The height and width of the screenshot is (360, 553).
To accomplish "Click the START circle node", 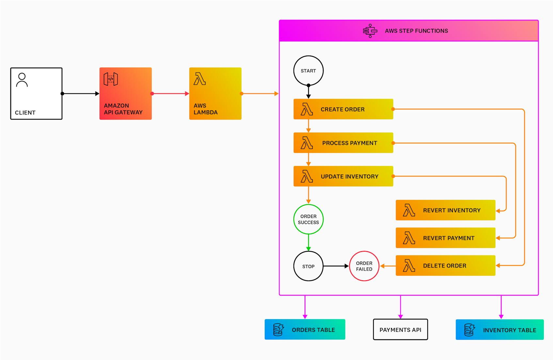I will [308, 71].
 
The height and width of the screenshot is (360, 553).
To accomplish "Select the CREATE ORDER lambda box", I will [343, 109].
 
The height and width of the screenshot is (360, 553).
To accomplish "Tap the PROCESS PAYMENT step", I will [343, 143].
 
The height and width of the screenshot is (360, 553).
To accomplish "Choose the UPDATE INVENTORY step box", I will [343, 176].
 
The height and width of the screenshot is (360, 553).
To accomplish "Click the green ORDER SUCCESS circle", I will [308, 219].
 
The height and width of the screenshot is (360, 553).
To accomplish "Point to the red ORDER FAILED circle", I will [364, 266].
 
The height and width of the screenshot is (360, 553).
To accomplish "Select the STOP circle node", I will [308, 266].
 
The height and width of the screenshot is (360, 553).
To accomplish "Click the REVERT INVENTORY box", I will [445, 210].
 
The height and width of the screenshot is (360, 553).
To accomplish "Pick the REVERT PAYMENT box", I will [445, 238].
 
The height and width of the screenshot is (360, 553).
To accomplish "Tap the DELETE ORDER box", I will [445, 266].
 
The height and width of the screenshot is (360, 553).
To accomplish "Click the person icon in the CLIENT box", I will [22, 80].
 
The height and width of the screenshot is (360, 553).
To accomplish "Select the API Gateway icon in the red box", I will [111, 79].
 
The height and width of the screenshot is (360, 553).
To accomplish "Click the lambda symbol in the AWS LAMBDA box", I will [199, 79].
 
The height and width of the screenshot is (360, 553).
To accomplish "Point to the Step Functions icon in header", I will [370, 31].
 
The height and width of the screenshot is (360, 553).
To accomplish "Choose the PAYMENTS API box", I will [400, 330].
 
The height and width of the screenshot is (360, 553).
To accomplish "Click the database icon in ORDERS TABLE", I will [278, 330].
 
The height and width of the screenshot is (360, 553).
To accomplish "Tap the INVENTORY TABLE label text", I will [509, 330].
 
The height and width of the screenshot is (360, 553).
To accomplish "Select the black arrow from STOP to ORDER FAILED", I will [336, 266].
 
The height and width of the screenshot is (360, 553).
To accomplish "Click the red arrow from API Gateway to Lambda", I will [170, 94].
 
